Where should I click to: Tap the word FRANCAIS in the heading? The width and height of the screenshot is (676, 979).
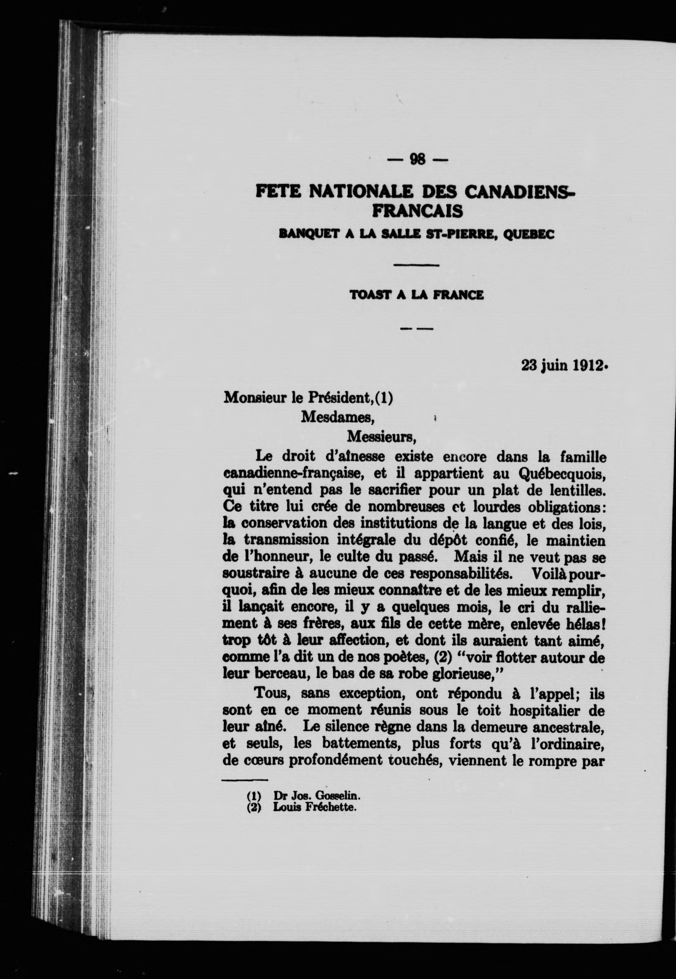tap(417, 211)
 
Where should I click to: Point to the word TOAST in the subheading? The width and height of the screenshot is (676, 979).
tap(370, 295)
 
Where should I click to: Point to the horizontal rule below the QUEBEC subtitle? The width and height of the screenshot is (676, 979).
tap(416, 265)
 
